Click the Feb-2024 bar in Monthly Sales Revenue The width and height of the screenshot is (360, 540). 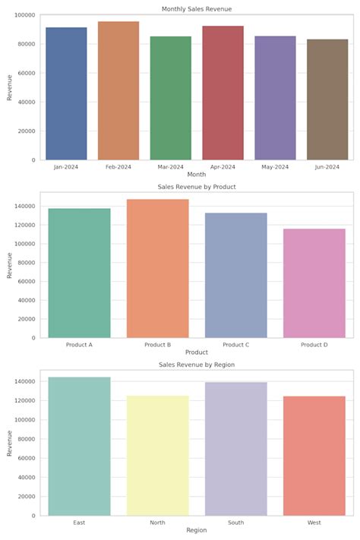[118, 91]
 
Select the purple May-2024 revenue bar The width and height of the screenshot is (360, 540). [275, 98]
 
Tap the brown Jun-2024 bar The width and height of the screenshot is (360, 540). [327, 99]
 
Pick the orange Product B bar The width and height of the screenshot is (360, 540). [157, 269]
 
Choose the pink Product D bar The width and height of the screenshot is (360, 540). [314, 283]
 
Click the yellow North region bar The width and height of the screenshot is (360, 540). [157, 456]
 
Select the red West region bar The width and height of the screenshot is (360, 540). [314, 456]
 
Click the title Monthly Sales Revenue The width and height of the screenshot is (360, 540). [197, 9]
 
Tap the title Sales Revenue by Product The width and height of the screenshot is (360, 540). [197, 187]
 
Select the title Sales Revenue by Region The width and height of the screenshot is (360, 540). [197, 365]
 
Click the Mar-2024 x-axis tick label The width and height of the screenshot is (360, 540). [171, 167]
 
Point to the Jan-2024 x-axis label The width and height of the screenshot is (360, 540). [66, 167]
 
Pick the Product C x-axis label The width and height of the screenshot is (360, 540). [235, 345]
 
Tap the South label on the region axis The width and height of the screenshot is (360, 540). [235, 523]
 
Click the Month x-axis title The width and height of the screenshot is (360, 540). [197, 175]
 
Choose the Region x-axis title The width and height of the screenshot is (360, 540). [197, 530]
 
